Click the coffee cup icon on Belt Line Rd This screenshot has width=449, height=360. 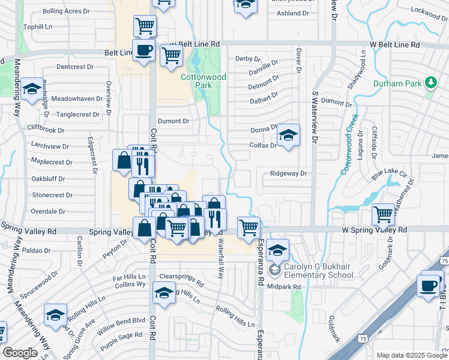pos(143,50)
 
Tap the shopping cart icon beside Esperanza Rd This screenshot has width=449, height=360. pos(249,227)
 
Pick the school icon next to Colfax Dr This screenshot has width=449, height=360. pos(288,136)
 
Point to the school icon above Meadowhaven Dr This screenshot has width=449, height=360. pos(31,89)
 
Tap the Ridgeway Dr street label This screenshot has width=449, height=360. pos(288,173)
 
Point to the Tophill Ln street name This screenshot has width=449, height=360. pos(37,27)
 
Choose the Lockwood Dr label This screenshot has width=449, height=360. pos(427,11)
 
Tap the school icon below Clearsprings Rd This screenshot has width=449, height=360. pos(163,293)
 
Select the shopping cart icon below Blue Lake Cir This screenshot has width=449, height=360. pos(382,214)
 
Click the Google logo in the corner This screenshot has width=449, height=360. pos(20,353)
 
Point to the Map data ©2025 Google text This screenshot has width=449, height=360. pos(411,355)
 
